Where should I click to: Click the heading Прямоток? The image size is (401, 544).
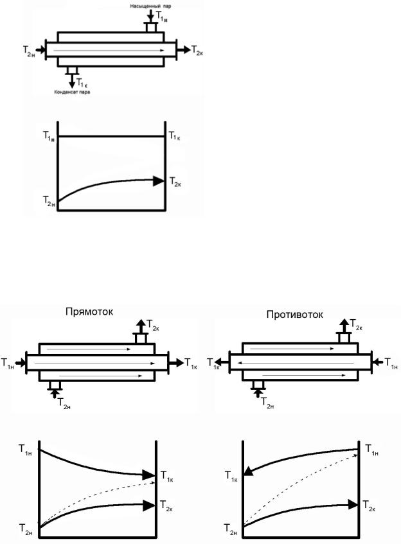click(x=89, y=311)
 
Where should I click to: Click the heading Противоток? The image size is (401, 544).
click(x=295, y=314)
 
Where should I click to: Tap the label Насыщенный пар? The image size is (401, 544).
click(x=150, y=6)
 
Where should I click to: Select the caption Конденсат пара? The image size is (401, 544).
click(x=72, y=92)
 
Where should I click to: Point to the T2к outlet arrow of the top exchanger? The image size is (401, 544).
click(x=184, y=49)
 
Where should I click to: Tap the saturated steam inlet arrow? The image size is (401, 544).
click(x=150, y=15)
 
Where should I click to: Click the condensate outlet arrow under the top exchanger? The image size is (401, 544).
click(x=72, y=80)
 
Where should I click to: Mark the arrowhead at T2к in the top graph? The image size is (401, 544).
click(x=159, y=180)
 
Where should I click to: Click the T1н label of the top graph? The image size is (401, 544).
click(x=49, y=136)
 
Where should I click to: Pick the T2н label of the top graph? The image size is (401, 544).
click(x=49, y=201)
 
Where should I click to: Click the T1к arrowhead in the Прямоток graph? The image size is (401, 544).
click(x=148, y=474)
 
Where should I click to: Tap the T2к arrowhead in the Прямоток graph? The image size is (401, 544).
click(x=148, y=505)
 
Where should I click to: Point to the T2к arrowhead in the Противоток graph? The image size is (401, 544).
click(x=353, y=504)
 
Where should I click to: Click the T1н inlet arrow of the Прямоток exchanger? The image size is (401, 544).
click(x=21, y=363)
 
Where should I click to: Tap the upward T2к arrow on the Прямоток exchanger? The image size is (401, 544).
click(x=141, y=326)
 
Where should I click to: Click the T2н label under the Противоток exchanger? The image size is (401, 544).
click(x=267, y=403)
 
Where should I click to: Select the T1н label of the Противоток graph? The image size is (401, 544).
click(x=372, y=450)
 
